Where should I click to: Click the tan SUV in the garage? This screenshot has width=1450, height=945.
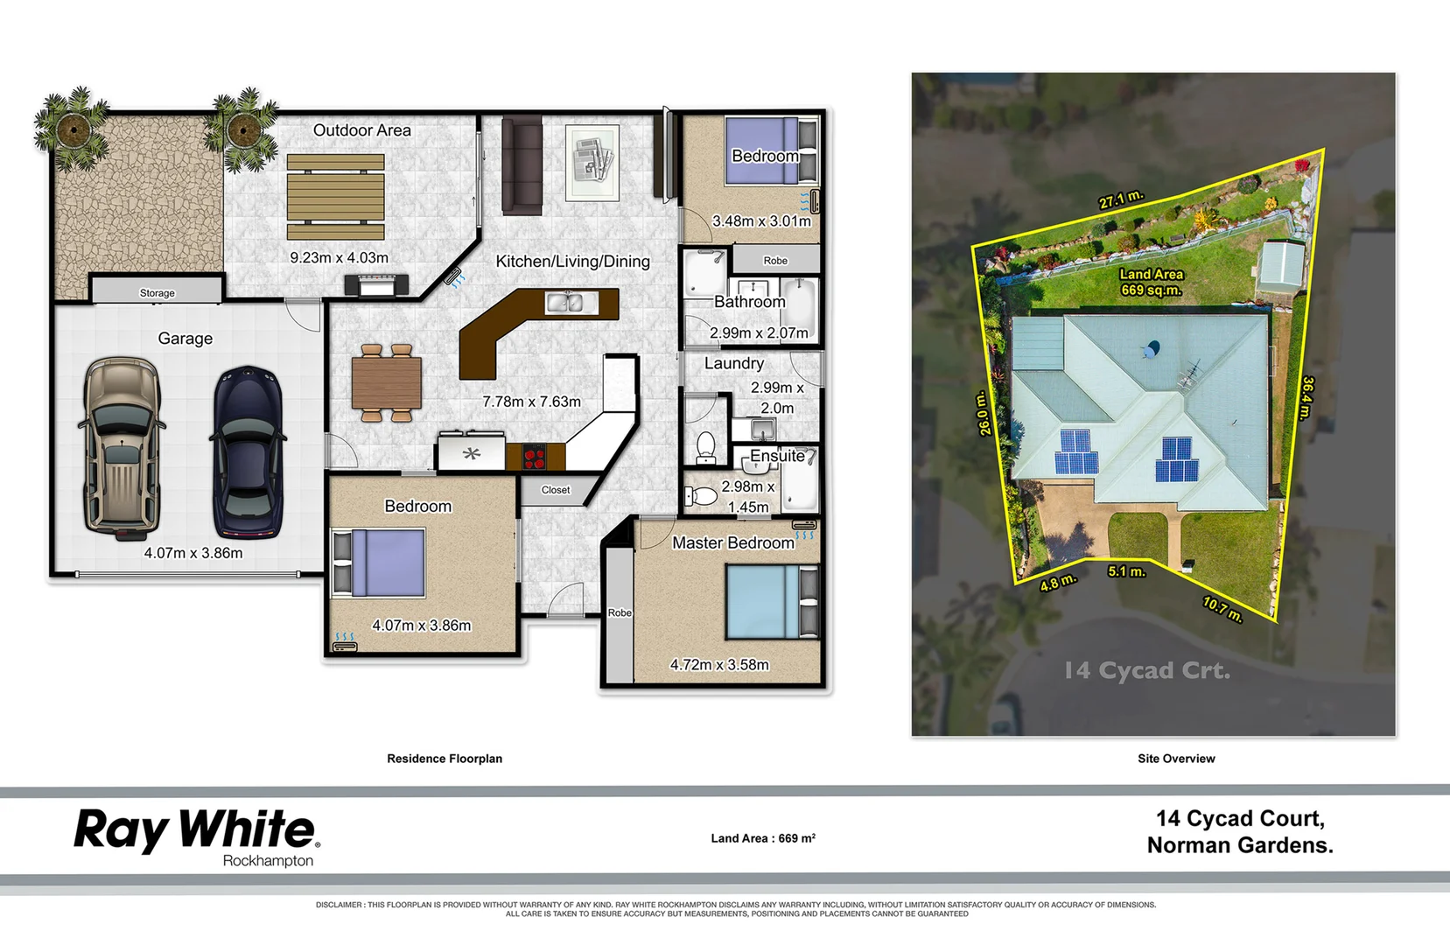[121, 446]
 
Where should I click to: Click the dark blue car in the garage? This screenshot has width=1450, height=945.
[249, 452]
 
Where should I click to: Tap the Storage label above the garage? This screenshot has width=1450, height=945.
[158, 293]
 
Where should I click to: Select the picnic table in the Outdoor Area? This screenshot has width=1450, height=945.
[336, 197]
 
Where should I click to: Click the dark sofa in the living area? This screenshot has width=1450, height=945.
[522, 164]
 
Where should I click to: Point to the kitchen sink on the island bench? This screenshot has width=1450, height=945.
[564, 303]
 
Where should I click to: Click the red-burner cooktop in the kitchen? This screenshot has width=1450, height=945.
[534, 457]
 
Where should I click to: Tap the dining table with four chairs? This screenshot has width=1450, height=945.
[386, 384]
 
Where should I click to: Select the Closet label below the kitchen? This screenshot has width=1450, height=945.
[555, 490]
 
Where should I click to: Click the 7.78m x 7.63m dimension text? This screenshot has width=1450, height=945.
[531, 402]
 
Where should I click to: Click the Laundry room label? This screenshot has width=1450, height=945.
[733, 363]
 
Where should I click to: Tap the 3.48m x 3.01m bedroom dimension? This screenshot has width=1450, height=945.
[761, 221]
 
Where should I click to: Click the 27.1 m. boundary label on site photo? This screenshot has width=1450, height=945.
[1121, 199]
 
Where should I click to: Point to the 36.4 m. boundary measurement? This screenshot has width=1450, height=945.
[1306, 398]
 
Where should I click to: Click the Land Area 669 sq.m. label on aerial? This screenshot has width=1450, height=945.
[1151, 282]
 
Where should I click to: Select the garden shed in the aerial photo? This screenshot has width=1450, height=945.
[1280, 268]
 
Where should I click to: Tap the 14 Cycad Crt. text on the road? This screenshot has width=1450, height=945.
[1146, 671]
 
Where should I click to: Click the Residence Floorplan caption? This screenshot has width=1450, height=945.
[445, 759]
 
